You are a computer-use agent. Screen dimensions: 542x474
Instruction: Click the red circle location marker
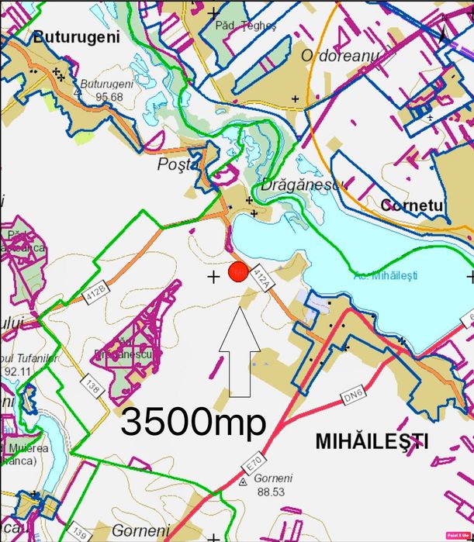coord(238,272)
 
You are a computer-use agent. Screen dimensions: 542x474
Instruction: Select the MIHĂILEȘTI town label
coord(372,442)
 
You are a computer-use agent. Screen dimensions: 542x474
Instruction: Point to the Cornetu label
coord(412,205)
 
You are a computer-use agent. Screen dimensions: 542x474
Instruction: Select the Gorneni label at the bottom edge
coord(140,531)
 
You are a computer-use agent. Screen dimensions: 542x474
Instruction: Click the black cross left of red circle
coord(214,276)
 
